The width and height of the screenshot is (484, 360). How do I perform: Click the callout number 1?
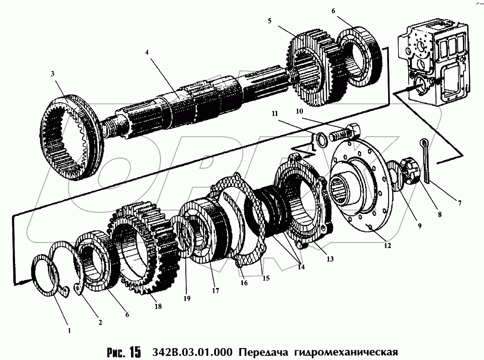69,331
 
